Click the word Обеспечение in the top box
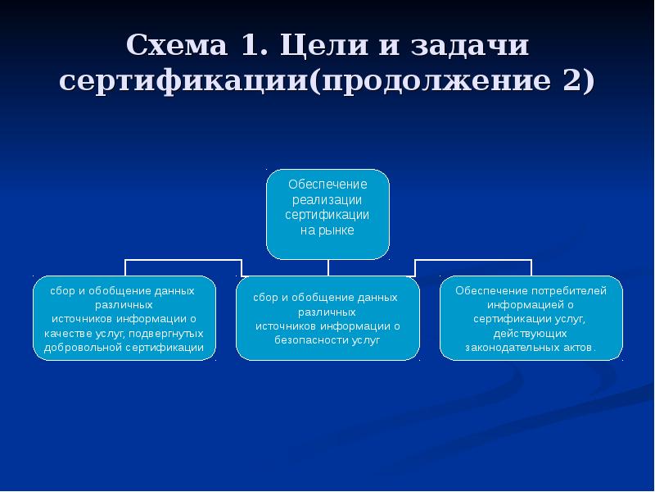[x=327, y=184]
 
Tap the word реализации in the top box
[x=327, y=199]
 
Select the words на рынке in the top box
[x=327, y=230]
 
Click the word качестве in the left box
[x=68, y=333]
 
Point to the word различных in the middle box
[x=327, y=312]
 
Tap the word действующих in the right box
[x=530, y=333]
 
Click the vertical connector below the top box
[x=327, y=267]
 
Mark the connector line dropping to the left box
[x=125, y=267]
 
